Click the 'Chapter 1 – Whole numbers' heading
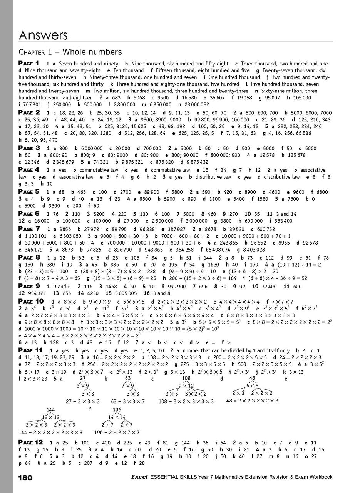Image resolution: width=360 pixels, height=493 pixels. click(x=70, y=52)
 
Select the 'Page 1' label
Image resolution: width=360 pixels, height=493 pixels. click(x=29, y=63)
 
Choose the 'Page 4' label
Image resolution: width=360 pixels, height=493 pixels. click(x=29, y=170)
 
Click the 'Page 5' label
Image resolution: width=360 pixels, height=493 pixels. click(x=29, y=191)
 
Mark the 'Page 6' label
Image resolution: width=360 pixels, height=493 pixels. click(x=29, y=213)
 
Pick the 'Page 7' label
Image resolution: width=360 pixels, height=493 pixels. click(x=29, y=229)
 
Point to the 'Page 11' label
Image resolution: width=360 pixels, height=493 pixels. click(x=30, y=350)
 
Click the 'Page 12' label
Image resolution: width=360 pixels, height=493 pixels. click(x=30, y=442)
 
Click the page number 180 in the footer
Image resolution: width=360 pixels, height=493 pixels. click(x=25, y=478)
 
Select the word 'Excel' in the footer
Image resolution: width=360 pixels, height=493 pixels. click(x=137, y=477)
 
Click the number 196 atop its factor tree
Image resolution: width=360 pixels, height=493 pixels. click(x=117, y=409)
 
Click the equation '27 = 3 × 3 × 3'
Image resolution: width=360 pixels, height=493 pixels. click(x=83, y=401)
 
